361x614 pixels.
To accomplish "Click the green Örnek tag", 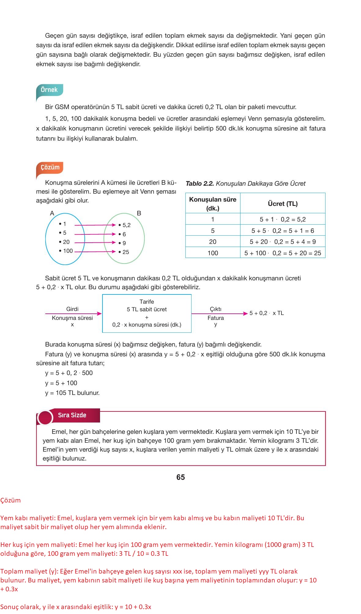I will pos(49,90).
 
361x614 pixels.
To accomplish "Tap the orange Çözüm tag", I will pos(50,167).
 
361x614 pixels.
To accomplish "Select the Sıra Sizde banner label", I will pos(72,415).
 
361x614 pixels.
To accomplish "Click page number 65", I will pos(180,477).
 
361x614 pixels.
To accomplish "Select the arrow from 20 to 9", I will pos(95,243).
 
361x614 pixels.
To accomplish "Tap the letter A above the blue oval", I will pos(52,213).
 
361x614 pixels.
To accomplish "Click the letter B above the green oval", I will pos(139,213).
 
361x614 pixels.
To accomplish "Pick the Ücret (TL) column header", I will pos(282,204).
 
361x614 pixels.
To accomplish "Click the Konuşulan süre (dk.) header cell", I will pos(213,204).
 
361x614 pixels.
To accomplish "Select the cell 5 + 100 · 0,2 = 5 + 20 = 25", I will pos(282,253).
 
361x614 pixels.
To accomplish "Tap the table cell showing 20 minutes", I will pos(213,242).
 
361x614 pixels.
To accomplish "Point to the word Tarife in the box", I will pos(147,302).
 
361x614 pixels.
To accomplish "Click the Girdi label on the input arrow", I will pos(72,309).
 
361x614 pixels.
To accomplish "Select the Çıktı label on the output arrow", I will pos(216,309).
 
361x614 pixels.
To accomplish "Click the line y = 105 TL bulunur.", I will pos(72,393).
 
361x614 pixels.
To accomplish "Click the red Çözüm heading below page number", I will pos(10,500).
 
